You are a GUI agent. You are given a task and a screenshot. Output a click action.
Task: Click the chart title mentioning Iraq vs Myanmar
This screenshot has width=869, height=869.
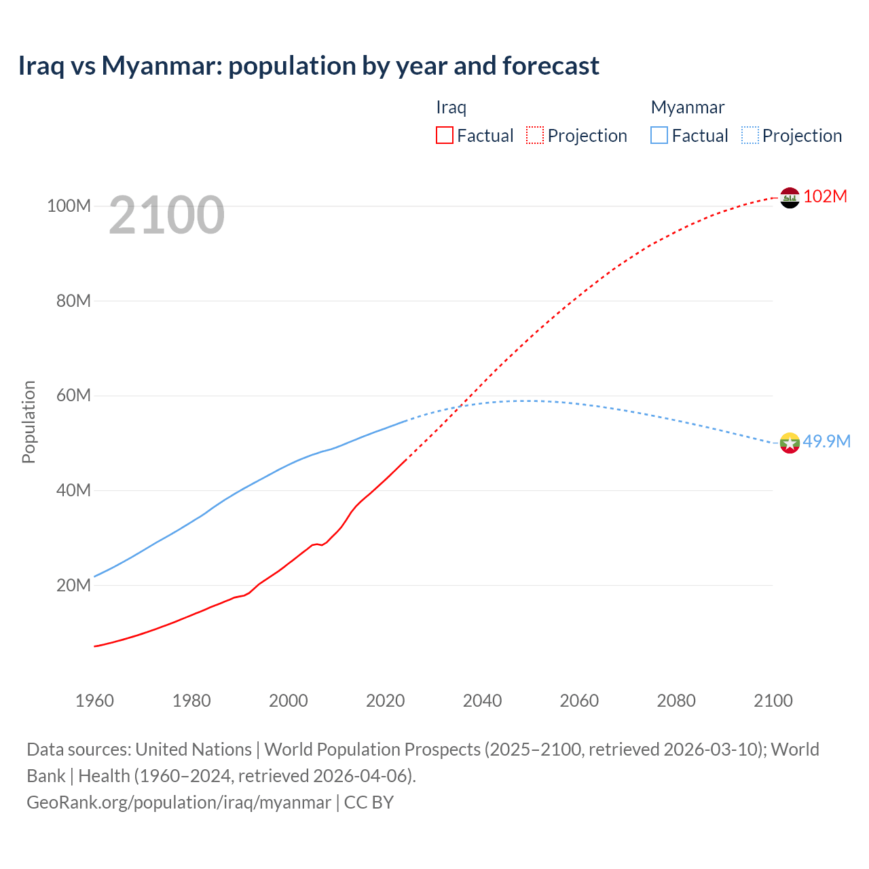308,66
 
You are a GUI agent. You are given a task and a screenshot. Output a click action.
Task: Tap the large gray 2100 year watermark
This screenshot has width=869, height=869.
166,215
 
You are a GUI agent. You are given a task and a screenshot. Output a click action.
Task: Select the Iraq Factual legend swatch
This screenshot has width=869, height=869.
444,135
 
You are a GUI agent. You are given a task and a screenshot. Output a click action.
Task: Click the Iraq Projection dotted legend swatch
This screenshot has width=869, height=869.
535,135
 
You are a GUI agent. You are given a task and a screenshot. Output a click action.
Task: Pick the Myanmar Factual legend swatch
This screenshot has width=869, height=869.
659,135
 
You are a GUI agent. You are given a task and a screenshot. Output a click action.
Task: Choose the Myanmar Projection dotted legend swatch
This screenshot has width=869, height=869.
750,135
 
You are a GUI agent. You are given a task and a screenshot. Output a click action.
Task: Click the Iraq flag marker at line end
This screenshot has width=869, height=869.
790,198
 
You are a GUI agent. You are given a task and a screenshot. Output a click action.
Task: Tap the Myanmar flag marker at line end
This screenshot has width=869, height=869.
790,443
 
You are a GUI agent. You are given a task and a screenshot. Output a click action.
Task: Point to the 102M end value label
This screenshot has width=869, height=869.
825,196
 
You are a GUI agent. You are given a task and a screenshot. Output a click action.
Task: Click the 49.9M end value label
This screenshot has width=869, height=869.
826,441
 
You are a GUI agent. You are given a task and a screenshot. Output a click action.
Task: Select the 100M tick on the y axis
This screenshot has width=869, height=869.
69,206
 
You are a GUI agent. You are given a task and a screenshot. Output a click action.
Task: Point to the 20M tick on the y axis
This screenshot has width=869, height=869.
73,585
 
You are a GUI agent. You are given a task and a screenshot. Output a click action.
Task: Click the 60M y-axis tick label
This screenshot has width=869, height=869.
73,395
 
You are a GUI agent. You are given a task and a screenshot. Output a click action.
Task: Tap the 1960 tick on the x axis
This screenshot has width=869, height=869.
94,701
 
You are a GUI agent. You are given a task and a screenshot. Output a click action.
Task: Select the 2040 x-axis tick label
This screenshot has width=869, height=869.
482,701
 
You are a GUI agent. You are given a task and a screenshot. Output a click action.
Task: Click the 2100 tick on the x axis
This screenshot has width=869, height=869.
773,701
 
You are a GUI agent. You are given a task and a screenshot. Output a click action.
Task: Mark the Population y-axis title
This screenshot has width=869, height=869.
29,422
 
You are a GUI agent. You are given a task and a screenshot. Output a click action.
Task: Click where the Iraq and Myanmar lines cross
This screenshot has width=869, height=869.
461,406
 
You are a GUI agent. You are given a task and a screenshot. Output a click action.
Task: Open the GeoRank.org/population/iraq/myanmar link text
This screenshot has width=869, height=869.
179,802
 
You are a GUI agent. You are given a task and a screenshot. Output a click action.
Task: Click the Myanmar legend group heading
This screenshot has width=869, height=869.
687,107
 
